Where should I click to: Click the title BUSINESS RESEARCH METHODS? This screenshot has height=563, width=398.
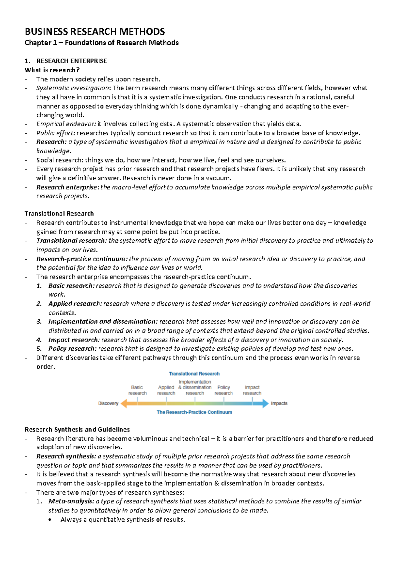point(95,32)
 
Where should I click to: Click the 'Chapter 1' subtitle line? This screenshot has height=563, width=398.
point(101,43)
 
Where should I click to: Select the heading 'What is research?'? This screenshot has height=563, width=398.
point(52,70)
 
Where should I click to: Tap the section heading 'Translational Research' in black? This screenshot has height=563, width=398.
point(59,214)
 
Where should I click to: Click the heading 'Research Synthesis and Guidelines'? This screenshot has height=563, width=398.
point(77,429)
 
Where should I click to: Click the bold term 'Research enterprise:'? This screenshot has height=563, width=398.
point(68,187)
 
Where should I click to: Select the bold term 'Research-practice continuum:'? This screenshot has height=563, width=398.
point(82,259)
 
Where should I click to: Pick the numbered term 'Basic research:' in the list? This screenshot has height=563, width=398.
point(71,286)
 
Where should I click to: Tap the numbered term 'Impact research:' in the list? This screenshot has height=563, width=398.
point(74,340)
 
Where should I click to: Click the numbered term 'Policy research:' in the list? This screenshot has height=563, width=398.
point(72,349)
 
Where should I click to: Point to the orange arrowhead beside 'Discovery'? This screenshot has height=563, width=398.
point(124,404)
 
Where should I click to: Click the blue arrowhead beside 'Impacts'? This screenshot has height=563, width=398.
point(265,404)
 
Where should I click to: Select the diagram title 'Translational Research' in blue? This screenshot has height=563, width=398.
point(194,374)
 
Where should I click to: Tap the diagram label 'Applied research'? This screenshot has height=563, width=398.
point(166,390)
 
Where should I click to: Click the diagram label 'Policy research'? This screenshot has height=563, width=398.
point(224,390)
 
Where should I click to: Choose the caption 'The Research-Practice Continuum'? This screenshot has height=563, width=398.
point(194,412)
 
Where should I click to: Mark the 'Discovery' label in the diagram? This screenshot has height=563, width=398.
point(108,403)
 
